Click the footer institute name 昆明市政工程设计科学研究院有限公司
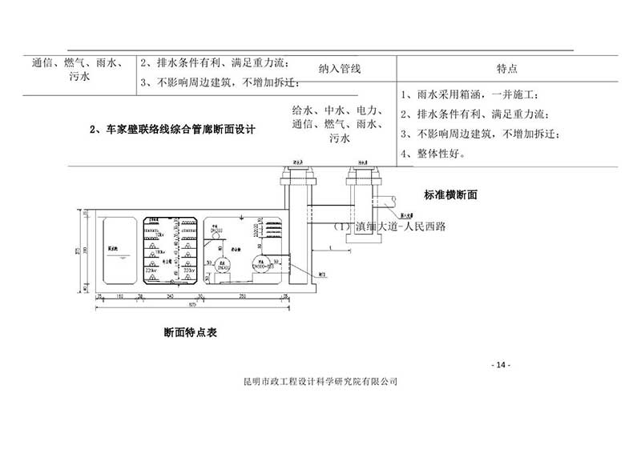tap(320, 382)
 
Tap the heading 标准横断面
tap(450, 194)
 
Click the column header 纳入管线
tap(340, 70)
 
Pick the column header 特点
tap(506, 70)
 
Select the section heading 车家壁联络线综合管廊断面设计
tap(172, 128)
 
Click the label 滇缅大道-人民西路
tap(388, 226)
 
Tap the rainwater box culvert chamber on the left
tap(117, 250)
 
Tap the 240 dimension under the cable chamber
tap(171, 296)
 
